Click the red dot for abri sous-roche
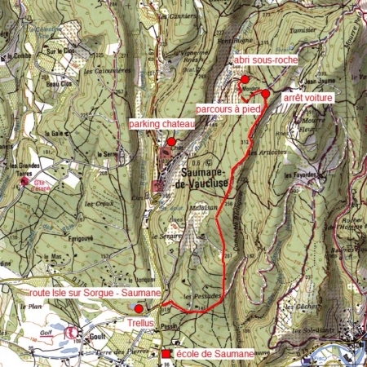tap(244, 79)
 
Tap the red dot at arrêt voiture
tap(265, 93)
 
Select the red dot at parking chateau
tap(171, 141)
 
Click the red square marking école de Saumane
tap(167, 354)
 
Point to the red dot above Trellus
tap(139, 308)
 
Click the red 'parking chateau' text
tap(162, 124)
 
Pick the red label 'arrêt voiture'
tap(308, 97)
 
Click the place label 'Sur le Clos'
tap(55, 51)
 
